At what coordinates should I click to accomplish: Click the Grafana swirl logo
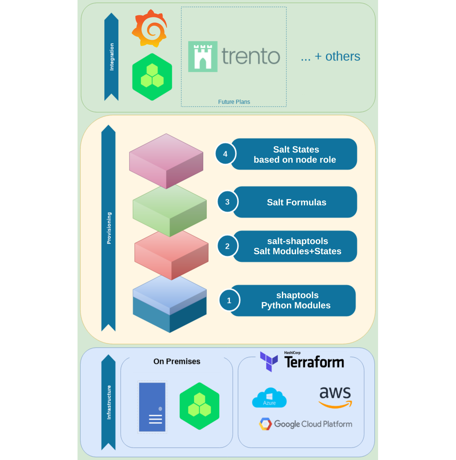[x=150, y=28]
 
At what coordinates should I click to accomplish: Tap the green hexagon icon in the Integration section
[x=152, y=77]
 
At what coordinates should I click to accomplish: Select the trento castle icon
[x=203, y=56]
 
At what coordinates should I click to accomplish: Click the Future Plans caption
[x=234, y=102]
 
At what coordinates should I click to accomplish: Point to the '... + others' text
[x=330, y=56]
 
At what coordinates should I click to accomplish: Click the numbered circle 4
[x=225, y=154]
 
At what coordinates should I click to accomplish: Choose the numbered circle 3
[x=227, y=202]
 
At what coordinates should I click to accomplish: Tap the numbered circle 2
[x=227, y=246]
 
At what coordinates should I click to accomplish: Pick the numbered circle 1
[x=229, y=300]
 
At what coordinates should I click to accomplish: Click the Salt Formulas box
[x=296, y=202]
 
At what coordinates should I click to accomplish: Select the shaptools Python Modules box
[x=296, y=300]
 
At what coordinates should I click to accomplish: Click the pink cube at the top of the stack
[x=166, y=161]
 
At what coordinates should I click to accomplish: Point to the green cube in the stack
[x=170, y=210]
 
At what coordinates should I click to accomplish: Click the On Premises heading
[x=177, y=361]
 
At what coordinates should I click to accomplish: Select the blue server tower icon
[x=152, y=407]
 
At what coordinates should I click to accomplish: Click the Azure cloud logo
[x=269, y=398]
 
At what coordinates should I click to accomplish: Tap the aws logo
[x=335, y=397]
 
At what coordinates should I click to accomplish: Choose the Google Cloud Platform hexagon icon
[x=266, y=424]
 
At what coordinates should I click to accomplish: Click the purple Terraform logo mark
[x=269, y=361]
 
